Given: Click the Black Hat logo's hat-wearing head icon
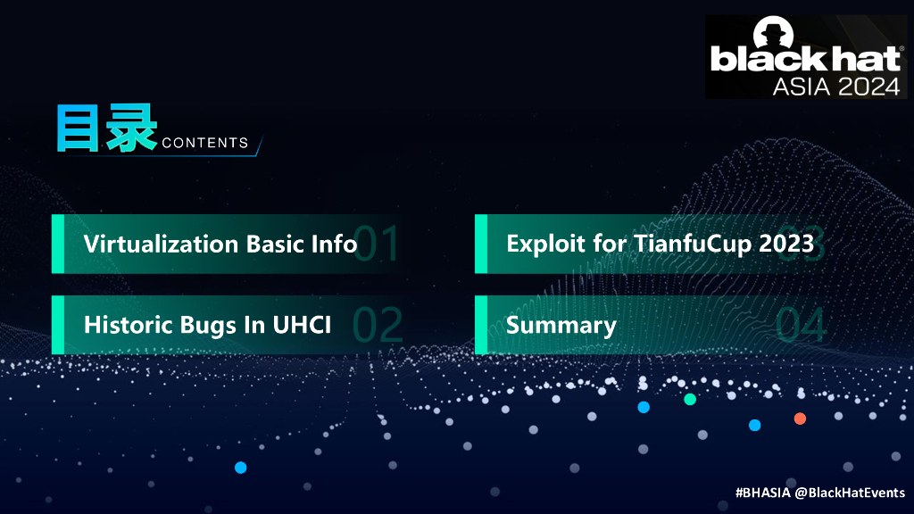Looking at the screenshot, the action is [x=774, y=33].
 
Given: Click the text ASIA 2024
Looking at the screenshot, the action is [x=836, y=87].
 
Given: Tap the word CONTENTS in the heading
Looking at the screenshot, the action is [x=205, y=143].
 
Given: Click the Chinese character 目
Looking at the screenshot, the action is [x=78, y=128].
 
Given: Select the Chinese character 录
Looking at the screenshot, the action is [x=131, y=128].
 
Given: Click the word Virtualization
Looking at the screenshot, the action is [x=162, y=245].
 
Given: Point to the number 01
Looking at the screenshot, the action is [x=376, y=244].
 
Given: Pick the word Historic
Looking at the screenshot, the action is [x=129, y=325].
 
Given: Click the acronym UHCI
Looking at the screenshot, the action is [x=302, y=325].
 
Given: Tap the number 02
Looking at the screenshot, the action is [x=378, y=325].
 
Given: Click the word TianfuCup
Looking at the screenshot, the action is [x=693, y=245].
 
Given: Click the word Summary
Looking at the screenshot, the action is [x=561, y=326].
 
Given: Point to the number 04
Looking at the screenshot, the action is [x=801, y=325].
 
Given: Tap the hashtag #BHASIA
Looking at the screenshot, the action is [x=763, y=493].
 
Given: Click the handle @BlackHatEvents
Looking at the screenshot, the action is [x=850, y=493].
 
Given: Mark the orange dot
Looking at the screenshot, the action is [x=800, y=419].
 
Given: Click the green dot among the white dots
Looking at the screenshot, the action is [x=690, y=399].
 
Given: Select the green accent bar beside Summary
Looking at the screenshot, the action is [x=481, y=325].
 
